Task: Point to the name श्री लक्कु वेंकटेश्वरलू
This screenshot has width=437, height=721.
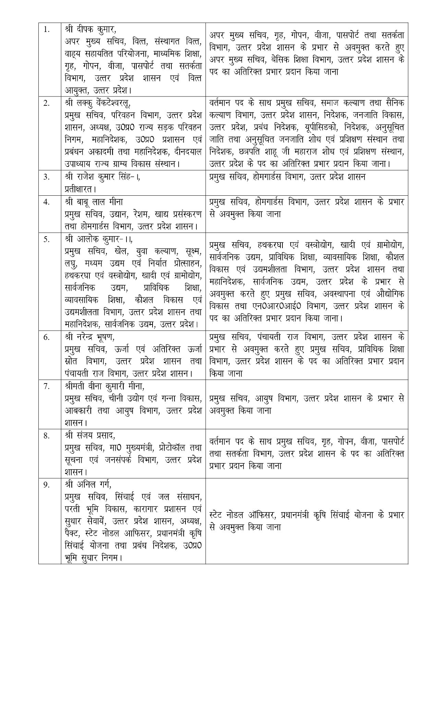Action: (x=98, y=103)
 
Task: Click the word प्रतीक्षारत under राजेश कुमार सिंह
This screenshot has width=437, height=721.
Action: (x=80, y=189)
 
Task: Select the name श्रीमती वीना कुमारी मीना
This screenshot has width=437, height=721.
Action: (x=105, y=386)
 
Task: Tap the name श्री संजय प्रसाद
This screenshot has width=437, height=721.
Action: (x=90, y=435)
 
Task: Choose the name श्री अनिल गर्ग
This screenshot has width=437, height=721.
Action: (x=88, y=484)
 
